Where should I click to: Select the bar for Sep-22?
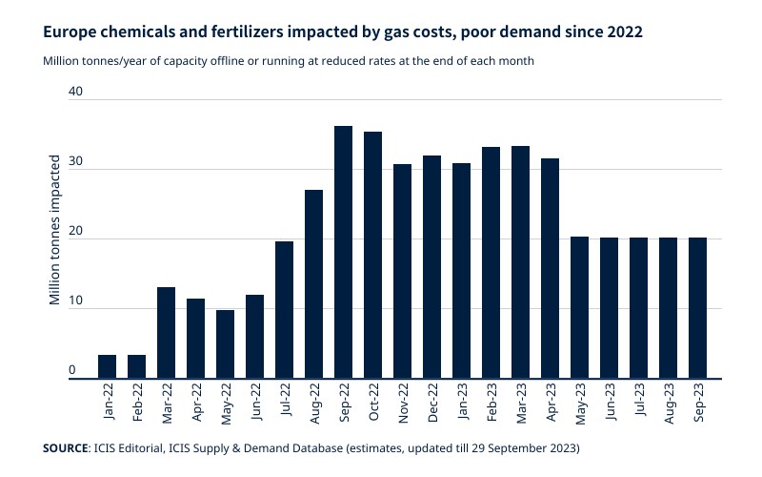click(344, 253)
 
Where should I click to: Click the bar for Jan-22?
click(108, 367)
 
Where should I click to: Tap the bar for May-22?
click(226, 344)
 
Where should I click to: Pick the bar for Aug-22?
click(314, 284)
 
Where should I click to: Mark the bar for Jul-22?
click(285, 310)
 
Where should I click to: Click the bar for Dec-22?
click(432, 267)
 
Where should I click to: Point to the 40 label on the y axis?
click(76, 93)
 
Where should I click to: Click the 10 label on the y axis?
click(76, 301)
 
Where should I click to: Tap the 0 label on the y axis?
click(71, 370)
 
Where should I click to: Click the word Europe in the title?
click(69, 31)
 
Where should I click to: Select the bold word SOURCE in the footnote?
click(64, 446)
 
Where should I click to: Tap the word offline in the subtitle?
click(227, 60)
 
